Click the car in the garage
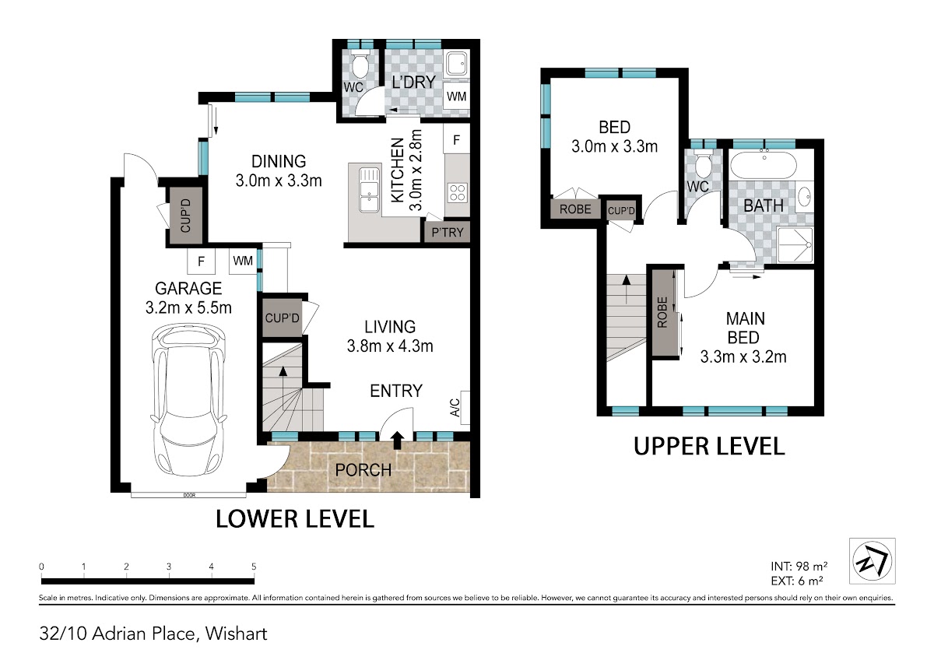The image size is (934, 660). [188, 399]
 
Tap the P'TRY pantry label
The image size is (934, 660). [448, 232]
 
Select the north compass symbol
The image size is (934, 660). [872, 560]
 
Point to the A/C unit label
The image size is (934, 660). [455, 408]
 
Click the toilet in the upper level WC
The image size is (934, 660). [704, 166]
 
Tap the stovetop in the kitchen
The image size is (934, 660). [457, 193]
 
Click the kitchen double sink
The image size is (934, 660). [370, 190]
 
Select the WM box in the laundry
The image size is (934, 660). [456, 97]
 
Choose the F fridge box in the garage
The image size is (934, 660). [201, 262]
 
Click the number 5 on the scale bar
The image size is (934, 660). [254, 566]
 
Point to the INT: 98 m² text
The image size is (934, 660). [799, 566]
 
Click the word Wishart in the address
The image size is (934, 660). [236, 634]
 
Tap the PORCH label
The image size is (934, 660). [363, 470]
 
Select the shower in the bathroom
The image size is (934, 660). [795, 244]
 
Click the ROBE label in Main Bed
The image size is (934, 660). [662, 312]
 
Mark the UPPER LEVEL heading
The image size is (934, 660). [709, 446]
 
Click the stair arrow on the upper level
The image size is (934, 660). [626, 289]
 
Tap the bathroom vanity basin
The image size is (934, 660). [805, 195]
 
